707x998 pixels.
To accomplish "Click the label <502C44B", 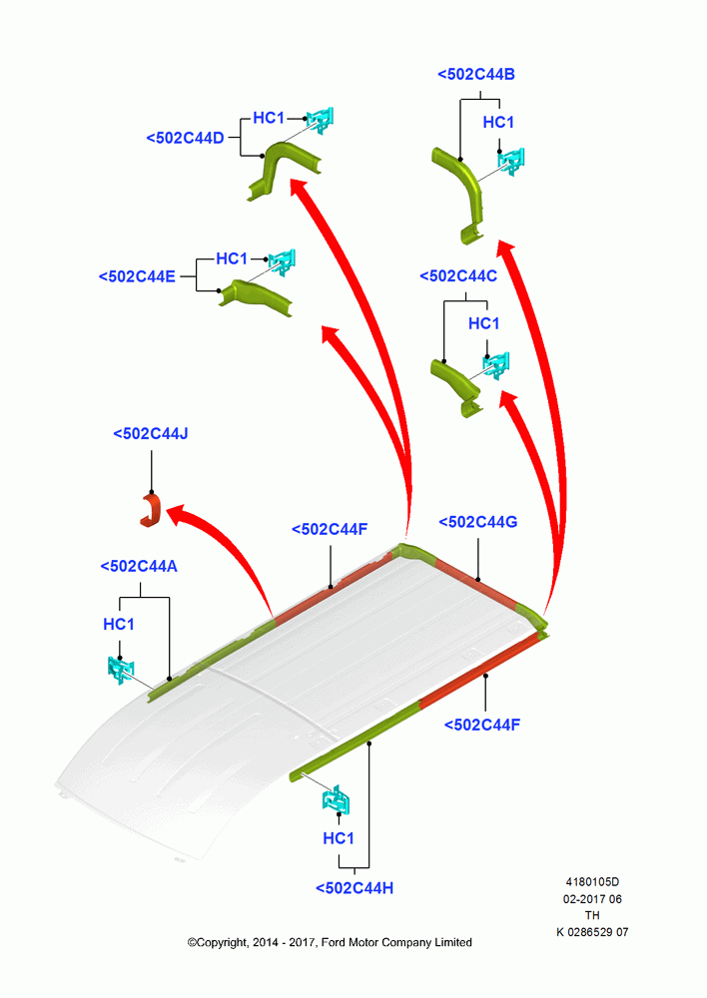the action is coord(475,75).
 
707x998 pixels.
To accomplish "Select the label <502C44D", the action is coord(185,138).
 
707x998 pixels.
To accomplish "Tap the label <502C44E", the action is coord(137,276).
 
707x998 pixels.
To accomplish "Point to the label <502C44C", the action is coord(458,275).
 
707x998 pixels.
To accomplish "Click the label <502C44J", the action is coord(151,433).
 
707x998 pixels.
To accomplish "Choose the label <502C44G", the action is coord(478,522).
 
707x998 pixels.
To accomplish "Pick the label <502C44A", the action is coord(139,566).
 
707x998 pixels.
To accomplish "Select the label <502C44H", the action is coord(354,888).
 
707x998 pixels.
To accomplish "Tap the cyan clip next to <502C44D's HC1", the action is coord(320,120).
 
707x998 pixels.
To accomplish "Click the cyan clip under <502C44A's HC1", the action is coord(121,670).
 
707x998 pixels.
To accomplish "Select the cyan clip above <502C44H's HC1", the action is coord(337,799).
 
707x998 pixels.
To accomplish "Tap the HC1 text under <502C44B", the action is coord(498,122).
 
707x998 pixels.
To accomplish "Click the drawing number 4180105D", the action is coord(592,882).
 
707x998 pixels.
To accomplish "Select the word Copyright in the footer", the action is coord(221,943).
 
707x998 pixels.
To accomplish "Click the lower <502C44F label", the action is coord(482,725).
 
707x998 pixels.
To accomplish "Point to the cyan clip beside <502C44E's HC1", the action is coord(282,261).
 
